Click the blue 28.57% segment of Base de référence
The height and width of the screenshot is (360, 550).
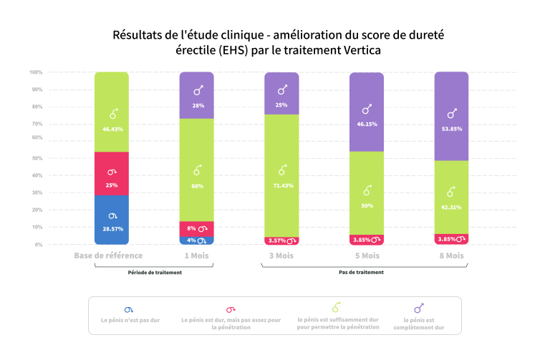pos(111,220)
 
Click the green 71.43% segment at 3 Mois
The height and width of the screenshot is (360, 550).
pos(282,175)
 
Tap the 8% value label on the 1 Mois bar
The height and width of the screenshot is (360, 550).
pos(191,229)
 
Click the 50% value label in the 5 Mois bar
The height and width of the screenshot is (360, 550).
pos(367,205)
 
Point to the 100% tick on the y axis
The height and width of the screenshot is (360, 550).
pos(37,72)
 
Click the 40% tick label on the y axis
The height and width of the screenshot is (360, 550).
pos(37,175)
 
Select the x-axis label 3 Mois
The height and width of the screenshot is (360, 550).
pos(282,256)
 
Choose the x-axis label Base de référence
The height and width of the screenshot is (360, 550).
pos(109,256)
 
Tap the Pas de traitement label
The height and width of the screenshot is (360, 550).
pos(361,273)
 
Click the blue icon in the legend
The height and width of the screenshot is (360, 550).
pos(129,309)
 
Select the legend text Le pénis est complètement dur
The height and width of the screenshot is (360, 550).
pos(419,323)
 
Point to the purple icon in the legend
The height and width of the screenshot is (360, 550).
pos(419,308)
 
